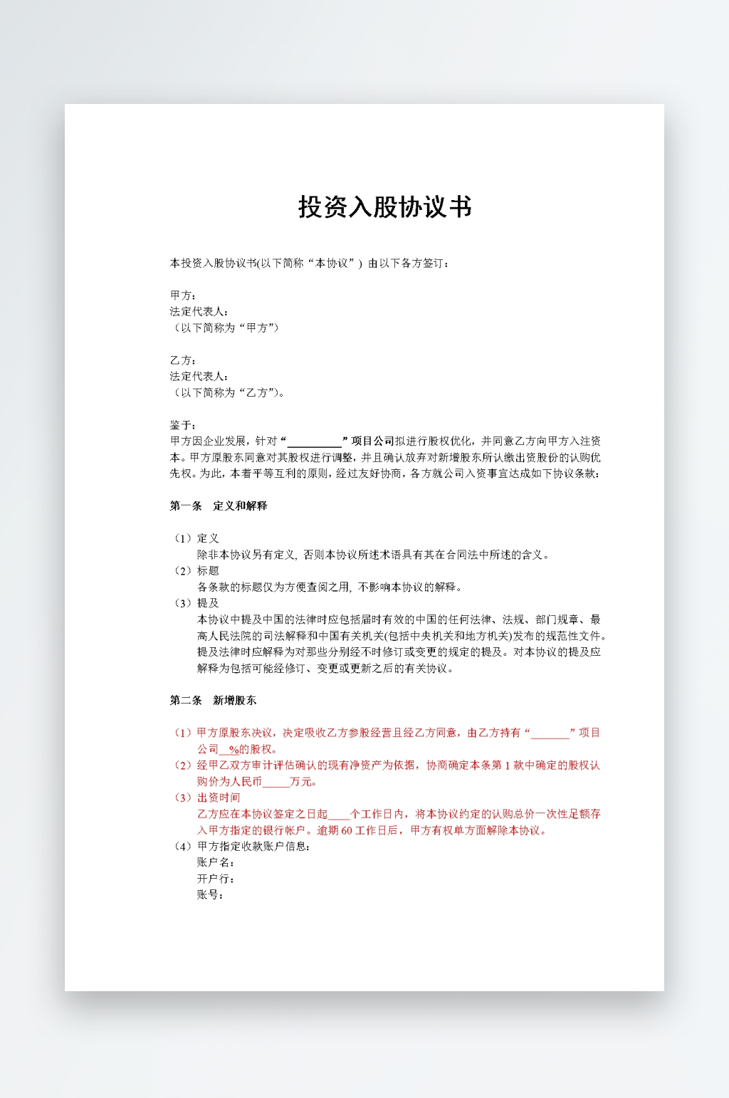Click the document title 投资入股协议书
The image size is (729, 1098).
pos(385,207)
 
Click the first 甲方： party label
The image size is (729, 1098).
pos(183,296)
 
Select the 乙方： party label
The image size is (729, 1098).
pos(183,360)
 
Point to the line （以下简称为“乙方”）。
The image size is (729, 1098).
pos(229,393)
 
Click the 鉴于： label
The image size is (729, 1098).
pos(183,425)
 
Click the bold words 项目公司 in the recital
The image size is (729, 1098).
pos(372,441)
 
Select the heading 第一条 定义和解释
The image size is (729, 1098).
pos(218,506)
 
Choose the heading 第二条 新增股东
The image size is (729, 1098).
pos(213,701)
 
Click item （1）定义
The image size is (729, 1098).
pos(196,538)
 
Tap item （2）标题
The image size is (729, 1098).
pos(196,571)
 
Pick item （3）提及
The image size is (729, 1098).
pos(196,603)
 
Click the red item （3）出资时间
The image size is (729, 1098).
pos(206,798)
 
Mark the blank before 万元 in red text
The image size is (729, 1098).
pos(276,782)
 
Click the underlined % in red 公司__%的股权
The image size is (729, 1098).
pos(234,750)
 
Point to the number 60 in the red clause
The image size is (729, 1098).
pos(347,830)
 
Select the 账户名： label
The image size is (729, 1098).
pos(216,862)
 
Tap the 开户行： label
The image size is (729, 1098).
pos(216,879)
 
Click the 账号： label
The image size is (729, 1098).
pos(210,895)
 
